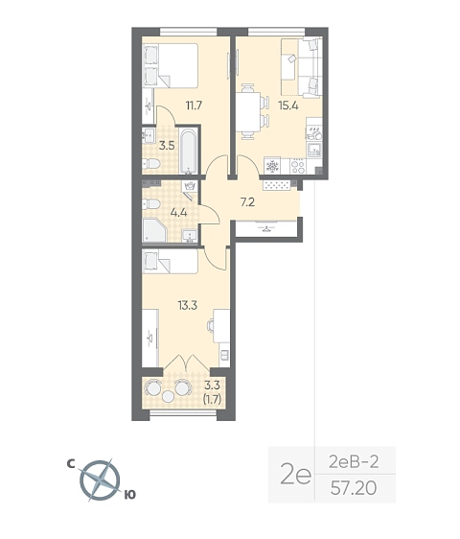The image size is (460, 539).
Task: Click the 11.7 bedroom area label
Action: pyautogui.click(x=194, y=105)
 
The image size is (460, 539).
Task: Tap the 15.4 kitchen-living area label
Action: pyautogui.click(x=288, y=105)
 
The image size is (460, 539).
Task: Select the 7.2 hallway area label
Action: pyautogui.click(x=247, y=202)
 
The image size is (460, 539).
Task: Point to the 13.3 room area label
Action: pyautogui.click(x=188, y=305)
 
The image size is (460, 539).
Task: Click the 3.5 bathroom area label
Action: pyautogui.click(x=167, y=146)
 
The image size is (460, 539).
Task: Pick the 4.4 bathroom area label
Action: pyautogui.click(x=178, y=213)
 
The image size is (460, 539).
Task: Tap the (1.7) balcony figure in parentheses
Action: pyautogui.click(x=213, y=399)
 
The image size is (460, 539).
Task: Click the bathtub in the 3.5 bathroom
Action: pyautogui.click(x=189, y=151)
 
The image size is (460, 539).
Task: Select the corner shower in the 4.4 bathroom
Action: pyautogui.click(x=154, y=229)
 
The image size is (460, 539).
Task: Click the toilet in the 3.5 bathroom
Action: pyautogui.click(x=151, y=163)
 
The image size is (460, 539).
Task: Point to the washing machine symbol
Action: pyautogui.click(x=191, y=187)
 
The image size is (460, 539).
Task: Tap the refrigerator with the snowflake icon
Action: pyautogui.click(x=272, y=166)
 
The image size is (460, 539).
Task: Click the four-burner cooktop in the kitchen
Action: pyautogui.click(x=297, y=166)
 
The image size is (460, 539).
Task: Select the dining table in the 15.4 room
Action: pyautogui.click(x=248, y=112)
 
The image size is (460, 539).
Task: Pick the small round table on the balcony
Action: pyautogui.click(x=168, y=396)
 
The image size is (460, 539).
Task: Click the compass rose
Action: pyautogui.click(x=101, y=480)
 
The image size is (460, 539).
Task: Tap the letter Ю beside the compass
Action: pyautogui.click(x=130, y=495)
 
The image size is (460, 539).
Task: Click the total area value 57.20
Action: pyautogui.click(x=354, y=488)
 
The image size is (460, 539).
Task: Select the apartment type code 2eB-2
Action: pyautogui.click(x=354, y=461)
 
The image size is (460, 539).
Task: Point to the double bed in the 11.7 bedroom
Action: pyautogui.click(x=171, y=65)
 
